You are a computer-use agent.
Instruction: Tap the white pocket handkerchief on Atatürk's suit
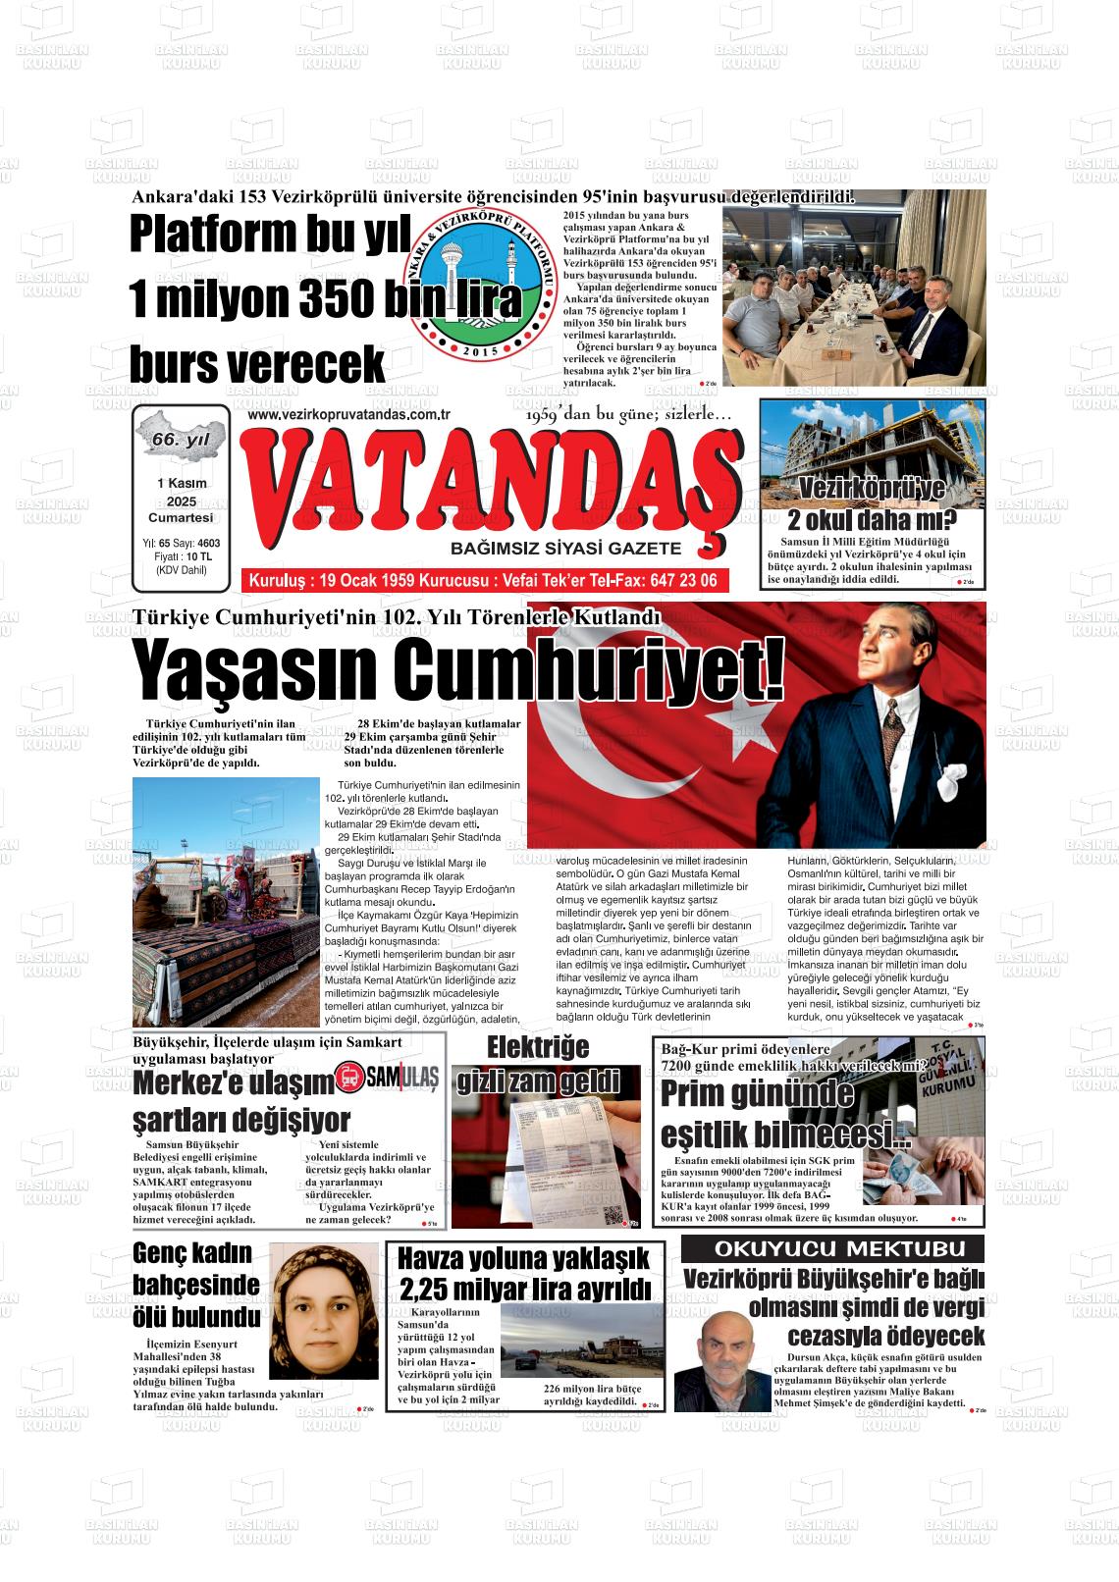click(950, 780)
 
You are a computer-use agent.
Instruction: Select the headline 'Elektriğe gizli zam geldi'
click(538, 1064)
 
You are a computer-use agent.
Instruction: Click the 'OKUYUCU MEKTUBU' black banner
click(833, 1249)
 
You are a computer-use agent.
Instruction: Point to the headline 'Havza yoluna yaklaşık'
click(524, 1257)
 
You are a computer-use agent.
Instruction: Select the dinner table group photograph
click(853, 299)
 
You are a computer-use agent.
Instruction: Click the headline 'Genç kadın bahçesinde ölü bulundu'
click(196, 1285)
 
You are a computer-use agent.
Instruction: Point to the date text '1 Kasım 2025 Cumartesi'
click(181, 501)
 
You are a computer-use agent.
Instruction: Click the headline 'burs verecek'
click(257, 364)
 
